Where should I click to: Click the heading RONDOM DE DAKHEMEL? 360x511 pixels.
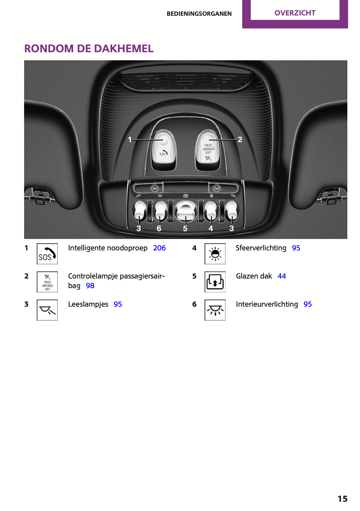point(89,49)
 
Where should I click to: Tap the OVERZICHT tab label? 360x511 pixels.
point(295,13)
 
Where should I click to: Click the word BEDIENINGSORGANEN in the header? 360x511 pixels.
point(199,14)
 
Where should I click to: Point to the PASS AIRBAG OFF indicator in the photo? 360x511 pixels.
point(208,147)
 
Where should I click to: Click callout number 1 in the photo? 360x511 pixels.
point(130,139)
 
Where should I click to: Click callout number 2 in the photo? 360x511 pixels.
point(240,139)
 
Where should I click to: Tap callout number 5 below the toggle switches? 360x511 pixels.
point(185,228)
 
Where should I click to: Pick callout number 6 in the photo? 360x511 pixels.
point(159,228)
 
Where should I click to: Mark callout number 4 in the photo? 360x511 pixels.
point(211,228)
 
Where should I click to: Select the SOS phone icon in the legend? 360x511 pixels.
point(47,254)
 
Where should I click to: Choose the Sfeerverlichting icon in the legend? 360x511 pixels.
point(215,254)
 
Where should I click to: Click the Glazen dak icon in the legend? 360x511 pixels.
point(215,282)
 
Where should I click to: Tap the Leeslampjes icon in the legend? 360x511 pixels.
point(47,310)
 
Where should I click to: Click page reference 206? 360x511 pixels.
point(159,248)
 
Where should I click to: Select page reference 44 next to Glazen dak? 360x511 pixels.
point(282,276)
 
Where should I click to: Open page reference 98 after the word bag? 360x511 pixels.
point(90,286)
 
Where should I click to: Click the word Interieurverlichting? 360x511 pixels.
point(267,304)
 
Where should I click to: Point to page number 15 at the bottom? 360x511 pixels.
point(342,499)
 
